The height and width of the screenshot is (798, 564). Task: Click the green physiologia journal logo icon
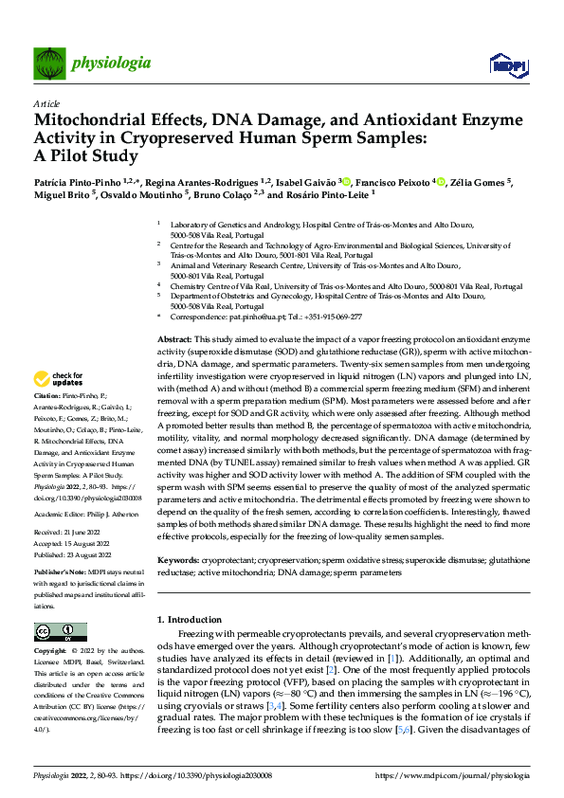point(50,63)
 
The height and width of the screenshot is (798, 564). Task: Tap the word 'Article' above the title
point(46,103)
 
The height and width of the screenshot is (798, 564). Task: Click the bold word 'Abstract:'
point(174,339)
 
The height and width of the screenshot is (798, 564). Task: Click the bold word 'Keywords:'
point(179,560)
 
